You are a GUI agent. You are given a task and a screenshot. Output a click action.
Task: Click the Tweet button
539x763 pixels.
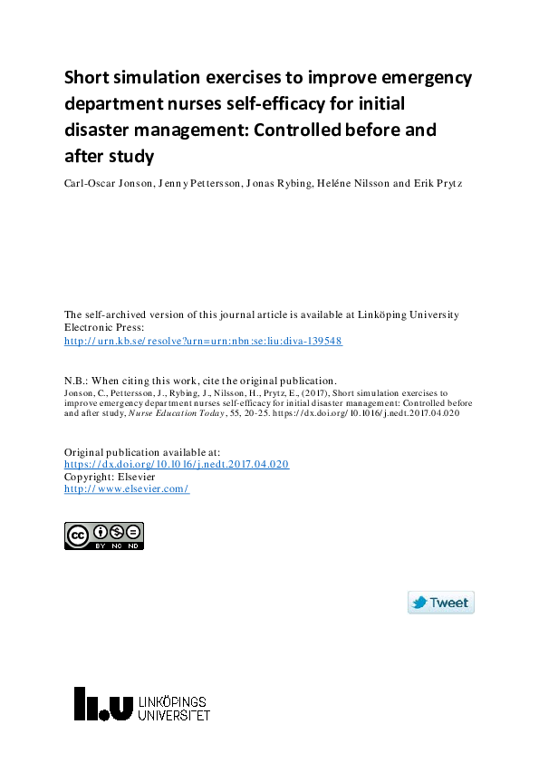(441, 603)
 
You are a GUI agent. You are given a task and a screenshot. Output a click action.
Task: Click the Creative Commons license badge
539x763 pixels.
(104, 536)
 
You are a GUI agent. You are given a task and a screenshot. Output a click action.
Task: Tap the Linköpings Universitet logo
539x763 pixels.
(142, 703)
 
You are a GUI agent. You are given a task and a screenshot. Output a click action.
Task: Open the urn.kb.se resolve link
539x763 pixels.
(203, 341)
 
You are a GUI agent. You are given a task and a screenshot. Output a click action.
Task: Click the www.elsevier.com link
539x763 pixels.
(126, 489)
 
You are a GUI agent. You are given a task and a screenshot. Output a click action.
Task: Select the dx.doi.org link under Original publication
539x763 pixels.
(176, 464)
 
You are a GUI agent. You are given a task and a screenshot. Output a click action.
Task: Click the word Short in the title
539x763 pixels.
(87, 78)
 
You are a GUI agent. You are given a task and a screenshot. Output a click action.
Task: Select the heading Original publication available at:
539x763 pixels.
(141, 451)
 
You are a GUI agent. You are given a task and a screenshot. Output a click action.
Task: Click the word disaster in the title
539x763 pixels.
(101, 130)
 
